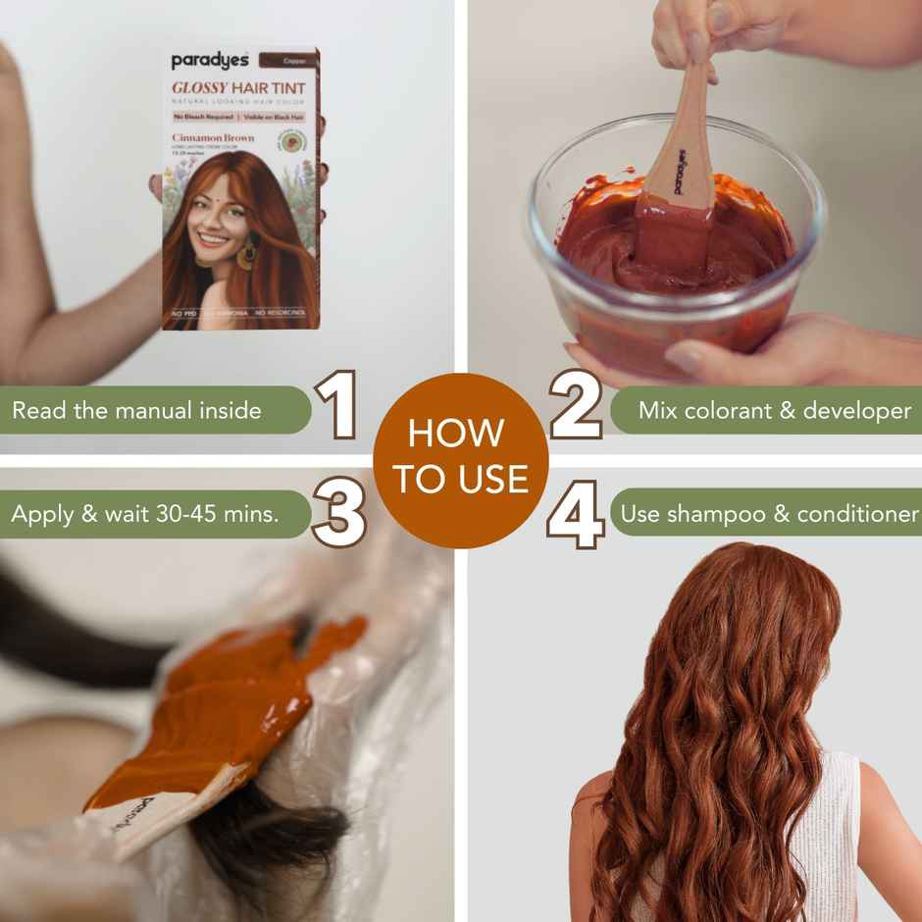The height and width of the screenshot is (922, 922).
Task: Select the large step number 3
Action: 338,512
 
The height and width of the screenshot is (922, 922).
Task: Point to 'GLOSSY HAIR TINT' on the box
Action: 238,87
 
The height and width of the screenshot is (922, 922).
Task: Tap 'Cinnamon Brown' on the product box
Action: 213,138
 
